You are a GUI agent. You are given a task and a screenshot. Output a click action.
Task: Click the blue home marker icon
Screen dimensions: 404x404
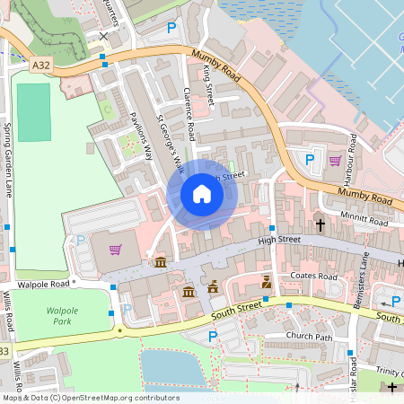coord(202,194)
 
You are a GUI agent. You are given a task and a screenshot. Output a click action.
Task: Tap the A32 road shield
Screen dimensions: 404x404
coord(41,65)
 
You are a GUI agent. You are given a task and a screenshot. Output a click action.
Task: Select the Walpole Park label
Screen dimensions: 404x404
coord(64,314)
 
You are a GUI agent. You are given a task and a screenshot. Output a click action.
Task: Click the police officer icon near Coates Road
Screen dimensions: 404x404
coord(266,282)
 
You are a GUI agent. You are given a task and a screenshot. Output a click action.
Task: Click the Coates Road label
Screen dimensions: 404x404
coord(314,277)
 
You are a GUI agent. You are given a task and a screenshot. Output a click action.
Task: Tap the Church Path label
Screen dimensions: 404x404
coord(309,336)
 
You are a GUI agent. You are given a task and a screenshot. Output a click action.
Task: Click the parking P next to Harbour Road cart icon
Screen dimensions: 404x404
coord(310,159)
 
